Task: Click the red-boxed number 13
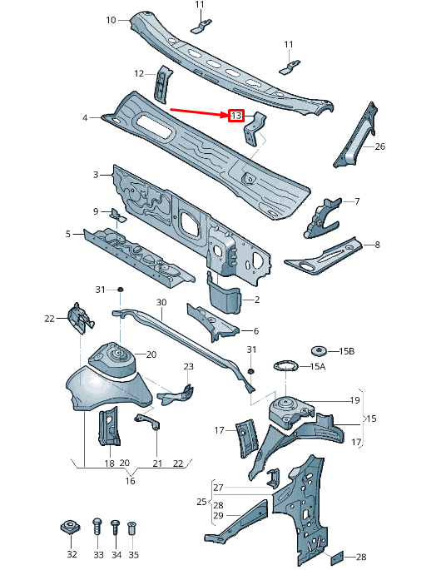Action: [236, 116]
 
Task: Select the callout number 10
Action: [111, 19]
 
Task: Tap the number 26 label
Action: [379, 147]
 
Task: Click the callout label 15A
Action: [318, 366]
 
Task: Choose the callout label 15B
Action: [346, 351]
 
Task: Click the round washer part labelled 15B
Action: [317, 350]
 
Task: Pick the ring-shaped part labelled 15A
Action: [285, 367]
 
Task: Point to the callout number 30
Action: [161, 303]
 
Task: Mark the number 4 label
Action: [85, 118]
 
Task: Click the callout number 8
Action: [377, 245]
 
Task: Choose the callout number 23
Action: [188, 367]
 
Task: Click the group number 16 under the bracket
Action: [130, 480]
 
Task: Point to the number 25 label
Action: [201, 502]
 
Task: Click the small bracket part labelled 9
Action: [117, 217]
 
